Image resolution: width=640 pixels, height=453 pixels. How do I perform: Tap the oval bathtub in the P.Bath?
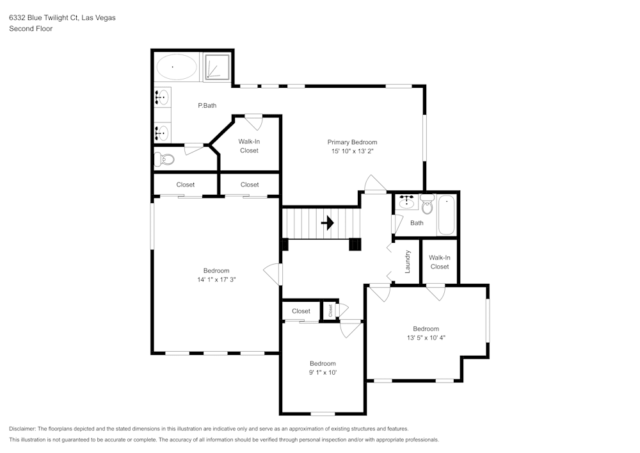[177, 67]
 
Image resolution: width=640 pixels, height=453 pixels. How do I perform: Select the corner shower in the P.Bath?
[218, 67]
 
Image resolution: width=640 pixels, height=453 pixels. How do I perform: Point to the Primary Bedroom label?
[352, 142]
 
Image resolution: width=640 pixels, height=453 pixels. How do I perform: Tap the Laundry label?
[408, 261]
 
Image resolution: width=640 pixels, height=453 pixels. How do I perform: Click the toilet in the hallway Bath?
[427, 206]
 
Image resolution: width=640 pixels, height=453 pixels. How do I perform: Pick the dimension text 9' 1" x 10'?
[323, 372]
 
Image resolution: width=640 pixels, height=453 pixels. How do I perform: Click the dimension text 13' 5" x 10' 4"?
[426, 338]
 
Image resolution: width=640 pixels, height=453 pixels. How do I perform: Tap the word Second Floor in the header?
[31, 29]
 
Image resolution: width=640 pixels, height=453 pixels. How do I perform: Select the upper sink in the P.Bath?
[162, 97]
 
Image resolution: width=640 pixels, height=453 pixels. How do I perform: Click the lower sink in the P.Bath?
[162, 133]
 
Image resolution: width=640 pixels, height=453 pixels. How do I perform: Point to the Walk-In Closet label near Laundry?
[439, 262]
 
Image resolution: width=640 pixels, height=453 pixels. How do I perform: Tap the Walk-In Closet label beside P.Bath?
[249, 145]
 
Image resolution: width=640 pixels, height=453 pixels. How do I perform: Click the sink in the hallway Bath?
[406, 202]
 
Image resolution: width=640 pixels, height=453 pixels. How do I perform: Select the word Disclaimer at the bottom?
[23, 429]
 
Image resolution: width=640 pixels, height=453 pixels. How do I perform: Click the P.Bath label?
[207, 105]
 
